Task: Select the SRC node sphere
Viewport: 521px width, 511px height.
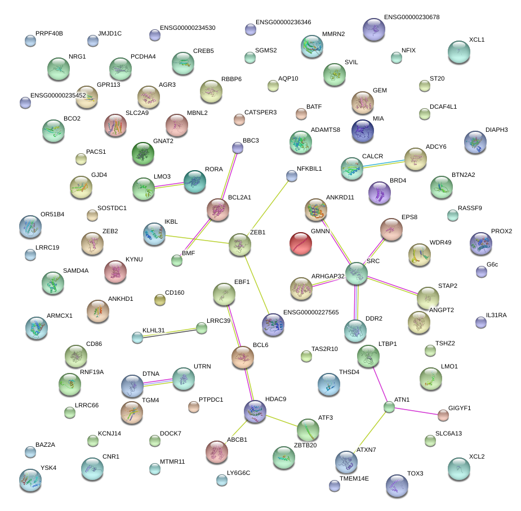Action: coord(357,273)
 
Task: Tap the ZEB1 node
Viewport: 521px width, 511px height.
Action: coord(240,245)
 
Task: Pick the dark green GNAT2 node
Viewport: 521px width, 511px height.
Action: coord(143,152)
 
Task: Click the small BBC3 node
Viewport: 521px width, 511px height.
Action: coord(238,148)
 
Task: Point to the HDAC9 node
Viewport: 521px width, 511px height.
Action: coord(255,411)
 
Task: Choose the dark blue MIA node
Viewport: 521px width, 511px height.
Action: coord(362,131)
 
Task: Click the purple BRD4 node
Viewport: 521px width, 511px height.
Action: coord(379,193)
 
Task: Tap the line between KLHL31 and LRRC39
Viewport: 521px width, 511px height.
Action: coord(169,333)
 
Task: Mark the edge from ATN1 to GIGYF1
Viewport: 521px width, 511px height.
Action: coord(416,411)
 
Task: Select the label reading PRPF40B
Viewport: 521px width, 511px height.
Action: coord(49,34)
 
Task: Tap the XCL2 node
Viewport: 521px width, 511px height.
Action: coord(459,468)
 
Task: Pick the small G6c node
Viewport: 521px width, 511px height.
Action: coord(481,272)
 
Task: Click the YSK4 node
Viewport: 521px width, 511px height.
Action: coord(30,479)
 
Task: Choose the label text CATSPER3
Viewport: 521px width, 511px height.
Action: coord(260,113)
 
